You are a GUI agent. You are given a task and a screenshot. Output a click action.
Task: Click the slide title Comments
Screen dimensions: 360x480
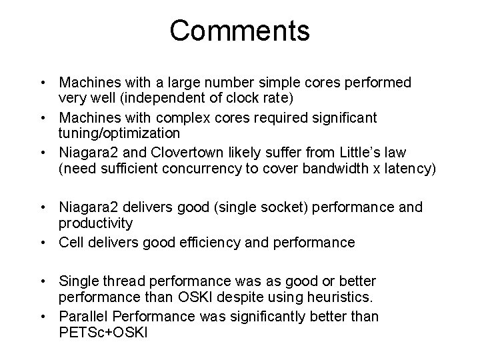tap(239, 31)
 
